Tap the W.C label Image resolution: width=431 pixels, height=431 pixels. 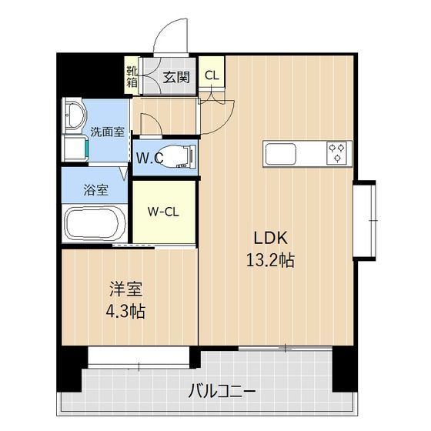149,159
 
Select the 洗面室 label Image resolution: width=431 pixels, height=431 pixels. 107,132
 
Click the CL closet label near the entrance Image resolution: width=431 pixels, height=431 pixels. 211,75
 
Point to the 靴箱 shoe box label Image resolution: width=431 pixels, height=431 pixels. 132,76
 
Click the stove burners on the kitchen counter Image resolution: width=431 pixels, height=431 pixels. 336,154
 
